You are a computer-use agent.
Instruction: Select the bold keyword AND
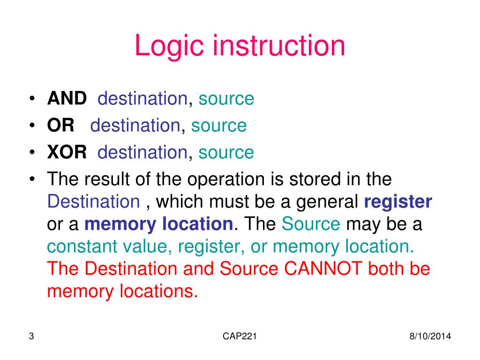tap(67, 99)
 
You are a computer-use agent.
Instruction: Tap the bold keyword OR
tap(61, 126)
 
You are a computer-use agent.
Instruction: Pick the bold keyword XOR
tap(67, 152)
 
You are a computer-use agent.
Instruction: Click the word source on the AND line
tap(226, 99)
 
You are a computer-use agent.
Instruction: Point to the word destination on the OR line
tap(135, 126)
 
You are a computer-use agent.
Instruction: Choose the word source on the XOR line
tap(226, 152)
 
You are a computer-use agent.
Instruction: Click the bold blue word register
tap(398, 202)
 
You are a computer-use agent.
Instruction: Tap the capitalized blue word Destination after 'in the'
tap(94, 202)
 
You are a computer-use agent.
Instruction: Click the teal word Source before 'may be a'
tap(311, 225)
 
